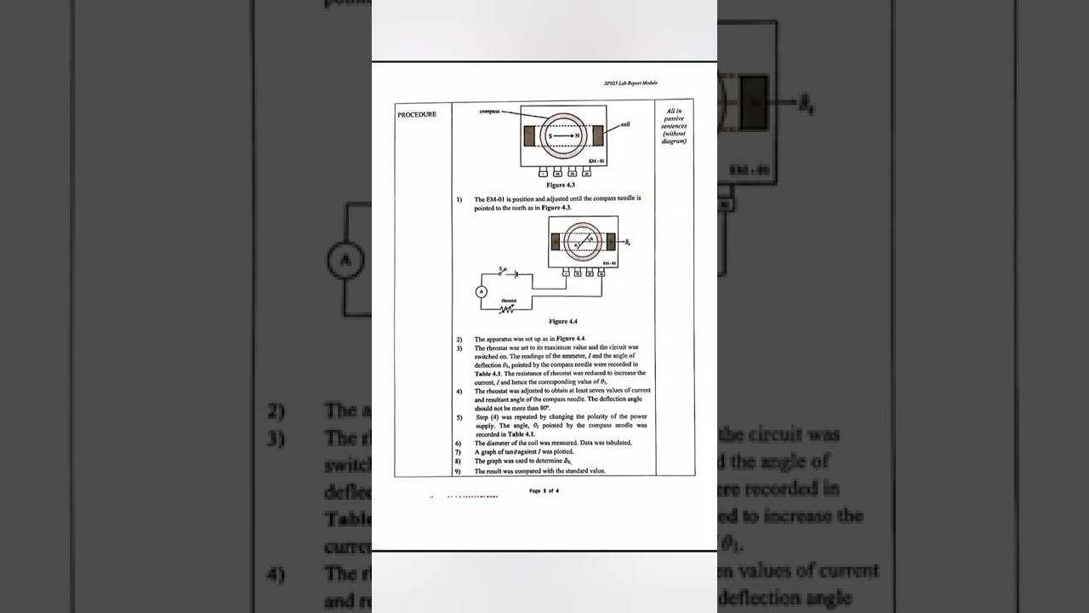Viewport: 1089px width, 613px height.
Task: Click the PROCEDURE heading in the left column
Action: pos(417,115)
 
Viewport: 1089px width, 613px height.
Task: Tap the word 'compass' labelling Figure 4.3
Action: pos(489,112)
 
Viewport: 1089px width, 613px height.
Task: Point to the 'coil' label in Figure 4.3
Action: pos(625,124)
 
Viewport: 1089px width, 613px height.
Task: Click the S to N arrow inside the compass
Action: pos(563,136)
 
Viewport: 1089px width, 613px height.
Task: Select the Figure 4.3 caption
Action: pos(561,185)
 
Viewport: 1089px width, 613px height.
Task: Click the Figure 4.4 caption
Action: pos(563,322)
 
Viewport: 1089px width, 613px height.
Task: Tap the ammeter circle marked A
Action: pos(482,292)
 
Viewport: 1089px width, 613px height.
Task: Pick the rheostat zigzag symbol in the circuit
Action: pos(507,308)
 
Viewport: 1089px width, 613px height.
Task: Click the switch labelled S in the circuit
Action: pos(503,271)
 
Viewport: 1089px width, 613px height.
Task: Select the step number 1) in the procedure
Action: pos(459,199)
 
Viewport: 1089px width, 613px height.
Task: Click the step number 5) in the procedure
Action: pos(459,417)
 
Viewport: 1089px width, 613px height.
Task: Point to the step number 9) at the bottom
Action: pos(458,471)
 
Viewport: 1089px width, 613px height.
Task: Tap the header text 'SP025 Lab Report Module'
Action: pos(630,83)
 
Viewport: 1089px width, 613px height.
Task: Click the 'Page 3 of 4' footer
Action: pos(544,491)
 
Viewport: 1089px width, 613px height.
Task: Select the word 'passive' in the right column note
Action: pos(674,118)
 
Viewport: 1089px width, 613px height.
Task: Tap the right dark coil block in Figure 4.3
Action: pos(598,135)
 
